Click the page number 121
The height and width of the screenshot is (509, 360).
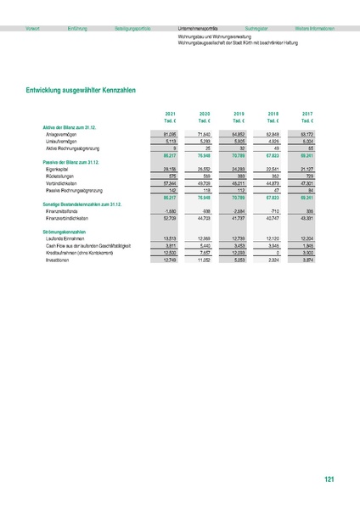click(x=329, y=481)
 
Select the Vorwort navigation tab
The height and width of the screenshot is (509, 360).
click(x=33, y=28)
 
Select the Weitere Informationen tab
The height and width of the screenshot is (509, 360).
click(x=308, y=28)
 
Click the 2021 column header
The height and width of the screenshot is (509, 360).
click(x=170, y=113)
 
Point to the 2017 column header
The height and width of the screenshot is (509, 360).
click(x=307, y=113)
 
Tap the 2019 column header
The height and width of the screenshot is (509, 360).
click(x=239, y=113)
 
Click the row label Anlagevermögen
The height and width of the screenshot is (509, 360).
click(x=65, y=133)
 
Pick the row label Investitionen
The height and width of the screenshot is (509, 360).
click(x=60, y=246)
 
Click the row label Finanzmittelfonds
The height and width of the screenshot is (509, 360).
click(x=65, y=211)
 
